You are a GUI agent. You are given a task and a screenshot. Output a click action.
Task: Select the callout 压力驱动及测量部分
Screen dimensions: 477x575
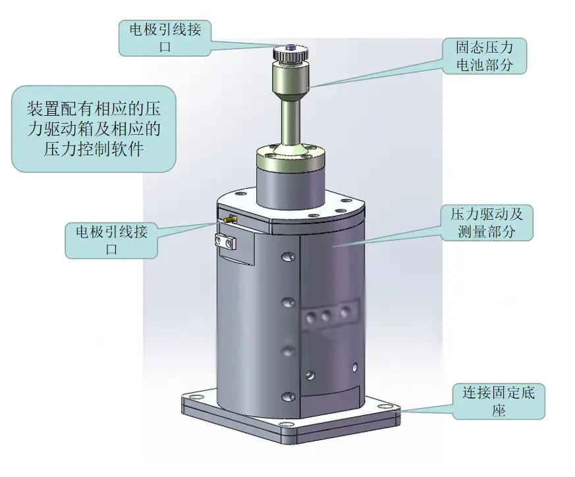tap(486, 222)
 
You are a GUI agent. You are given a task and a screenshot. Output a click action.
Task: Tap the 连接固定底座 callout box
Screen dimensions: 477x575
tap(499, 402)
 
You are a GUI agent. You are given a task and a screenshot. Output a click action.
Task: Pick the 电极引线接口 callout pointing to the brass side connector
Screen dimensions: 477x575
tap(111, 240)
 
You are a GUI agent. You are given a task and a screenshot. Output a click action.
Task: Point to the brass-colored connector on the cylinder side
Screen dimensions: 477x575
tap(230, 218)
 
